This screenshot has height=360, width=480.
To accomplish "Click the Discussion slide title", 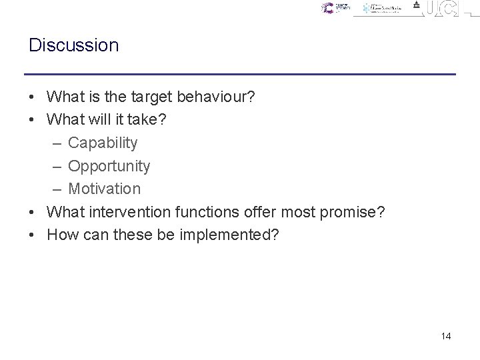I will pyautogui.click(x=73, y=45).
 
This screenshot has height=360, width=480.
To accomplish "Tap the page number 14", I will pyautogui.click(x=446, y=336).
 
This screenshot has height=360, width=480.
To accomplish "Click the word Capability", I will pyautogui.click(x=103, y=143).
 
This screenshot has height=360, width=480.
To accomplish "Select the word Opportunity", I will pyautogui.click(x=109, y=166).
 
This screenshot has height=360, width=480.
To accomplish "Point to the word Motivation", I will pyautogui.click(x=104, y=189).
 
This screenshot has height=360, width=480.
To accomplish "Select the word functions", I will pyautogui.click(x=207, y=212).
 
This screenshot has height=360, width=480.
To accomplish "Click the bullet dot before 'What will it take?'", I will pyautogui.click(x=33, y=120).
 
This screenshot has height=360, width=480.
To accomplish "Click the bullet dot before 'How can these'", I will pyautogui.click(x=33, y=235).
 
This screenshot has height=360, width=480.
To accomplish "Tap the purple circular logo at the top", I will pyautogui.click(x=327, y=8).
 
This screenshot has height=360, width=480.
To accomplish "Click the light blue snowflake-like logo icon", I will pyautogui.click(x=367, y=9).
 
